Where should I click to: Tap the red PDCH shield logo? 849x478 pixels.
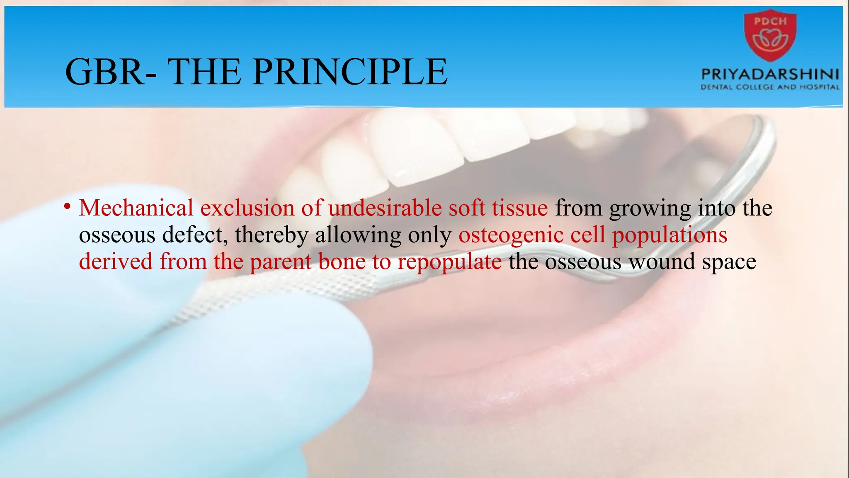(770, 36)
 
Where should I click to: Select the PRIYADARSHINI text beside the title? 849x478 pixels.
(770, 75)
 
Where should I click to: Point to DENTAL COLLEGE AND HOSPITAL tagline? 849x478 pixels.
(770, 87)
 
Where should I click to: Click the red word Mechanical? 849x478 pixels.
(136, 208)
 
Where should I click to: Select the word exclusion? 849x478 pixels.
(247, 208)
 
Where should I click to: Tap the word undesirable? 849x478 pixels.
(385, 208)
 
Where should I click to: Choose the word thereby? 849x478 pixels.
(272, 236)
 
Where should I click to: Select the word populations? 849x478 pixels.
(669, 236)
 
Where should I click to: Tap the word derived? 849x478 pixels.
(116, 262)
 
